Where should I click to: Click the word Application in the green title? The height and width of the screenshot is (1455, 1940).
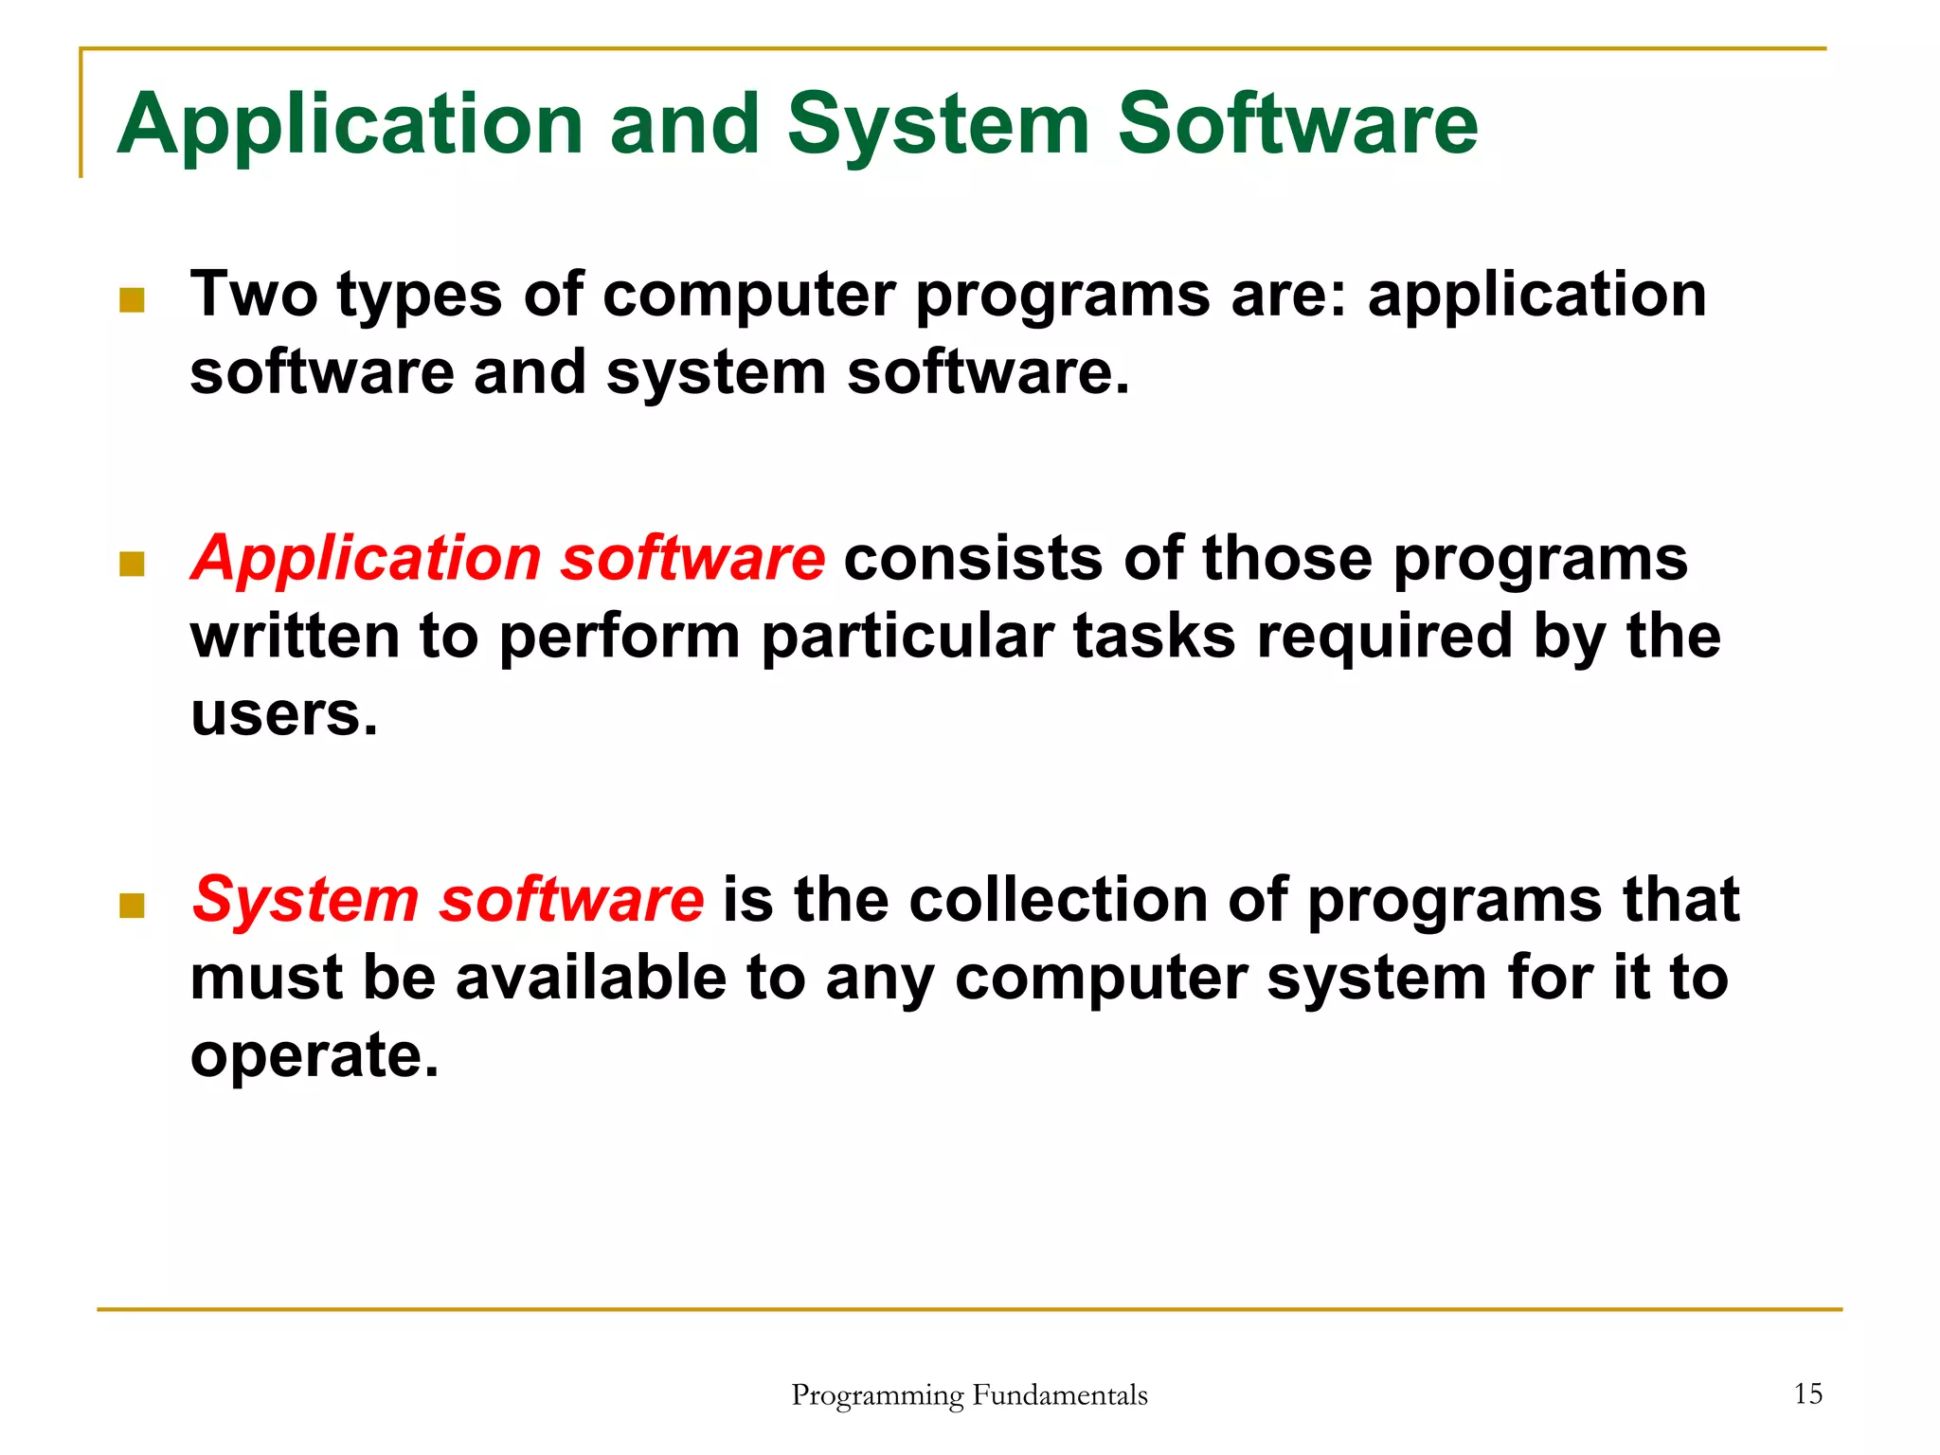click(x=349, y=125)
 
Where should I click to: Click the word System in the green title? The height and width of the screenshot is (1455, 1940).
click(x=938, y=125)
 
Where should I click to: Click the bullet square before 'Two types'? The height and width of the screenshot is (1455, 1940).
click(x=132, y=300)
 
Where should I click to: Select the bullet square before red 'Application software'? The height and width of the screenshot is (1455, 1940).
click(x=132, y=565)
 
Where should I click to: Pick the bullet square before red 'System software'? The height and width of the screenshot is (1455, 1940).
click(x=132, y=906)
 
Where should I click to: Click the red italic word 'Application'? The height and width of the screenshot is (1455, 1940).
click(x=365, y=559)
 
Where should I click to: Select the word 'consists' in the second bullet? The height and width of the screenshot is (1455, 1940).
click(x=973, y=559)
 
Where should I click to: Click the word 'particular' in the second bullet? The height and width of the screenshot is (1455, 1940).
click(x=907, y=637)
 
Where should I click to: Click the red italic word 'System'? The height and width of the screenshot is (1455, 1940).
click(x=305, y=900)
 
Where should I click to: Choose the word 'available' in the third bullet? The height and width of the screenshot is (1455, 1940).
click(x=591, y=978)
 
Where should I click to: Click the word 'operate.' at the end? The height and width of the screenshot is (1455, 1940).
click(x=314, y=1055)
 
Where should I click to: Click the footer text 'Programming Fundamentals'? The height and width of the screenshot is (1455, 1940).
click(x=969, y=1395)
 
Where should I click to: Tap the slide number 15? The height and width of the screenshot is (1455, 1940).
click(x=1807, y=1393)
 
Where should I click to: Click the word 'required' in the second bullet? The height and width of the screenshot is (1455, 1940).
click(x=1384, y=637)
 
